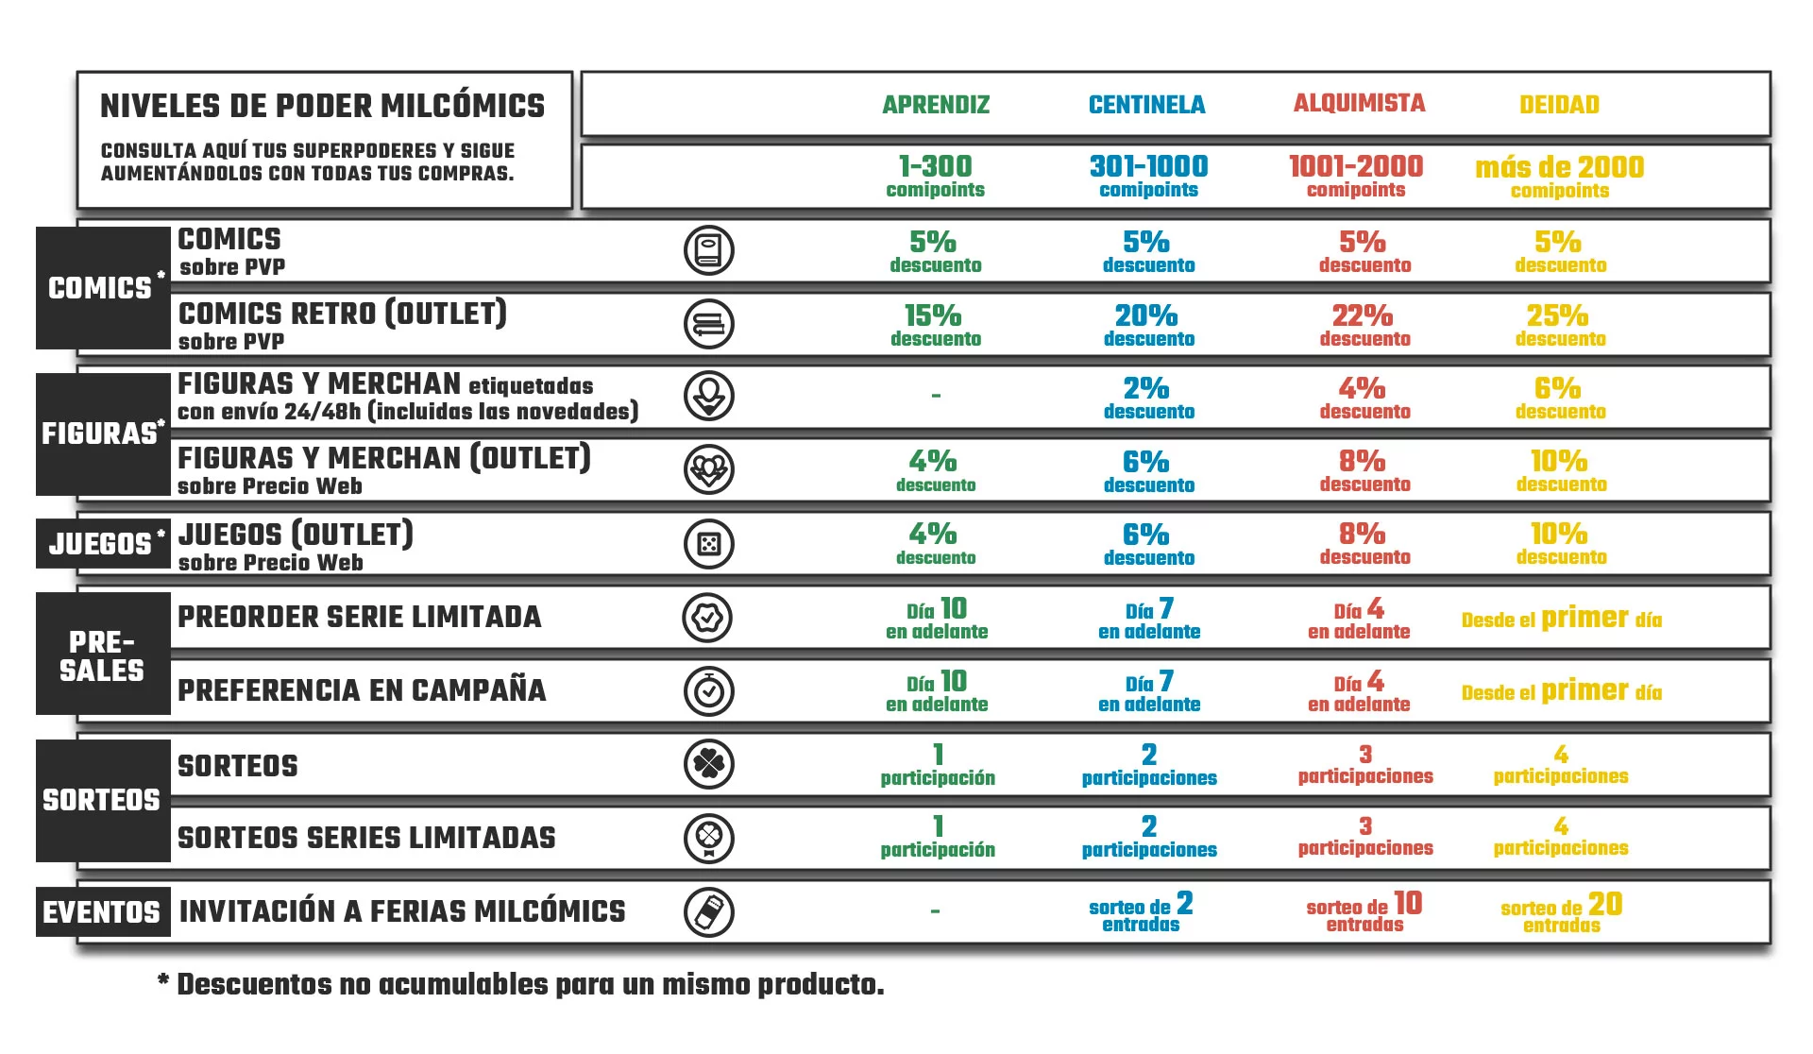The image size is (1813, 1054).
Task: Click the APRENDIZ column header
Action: point(936,105)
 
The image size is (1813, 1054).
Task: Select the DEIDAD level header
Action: point(1559,105)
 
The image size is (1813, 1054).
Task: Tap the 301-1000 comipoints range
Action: point(1148,176)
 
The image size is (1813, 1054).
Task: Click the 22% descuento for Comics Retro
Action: point(1364,324)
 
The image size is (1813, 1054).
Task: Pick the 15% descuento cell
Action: point(935,324)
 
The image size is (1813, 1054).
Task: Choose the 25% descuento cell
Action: point(1559,324)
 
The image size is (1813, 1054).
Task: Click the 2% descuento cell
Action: point(1148,397)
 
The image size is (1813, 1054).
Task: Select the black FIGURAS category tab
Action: point(103,433)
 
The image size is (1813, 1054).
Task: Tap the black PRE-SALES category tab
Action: point(103,654)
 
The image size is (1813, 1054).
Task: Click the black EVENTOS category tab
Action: point(103,912)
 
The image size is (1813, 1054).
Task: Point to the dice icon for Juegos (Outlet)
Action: point(709,544)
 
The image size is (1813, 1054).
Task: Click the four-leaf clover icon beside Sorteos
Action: point(709,764)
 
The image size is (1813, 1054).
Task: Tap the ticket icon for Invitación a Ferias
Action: point(709,912)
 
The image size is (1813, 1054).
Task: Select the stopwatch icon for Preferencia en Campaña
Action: point(709,691)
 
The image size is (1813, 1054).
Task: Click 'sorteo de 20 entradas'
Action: point(1561,912)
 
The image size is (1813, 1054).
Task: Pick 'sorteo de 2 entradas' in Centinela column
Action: point(1141,912)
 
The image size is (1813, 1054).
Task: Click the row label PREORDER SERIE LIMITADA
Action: point(360,618)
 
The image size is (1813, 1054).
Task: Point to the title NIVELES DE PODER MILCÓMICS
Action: point(323,106)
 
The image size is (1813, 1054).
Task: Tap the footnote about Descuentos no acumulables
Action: point(521,985)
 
